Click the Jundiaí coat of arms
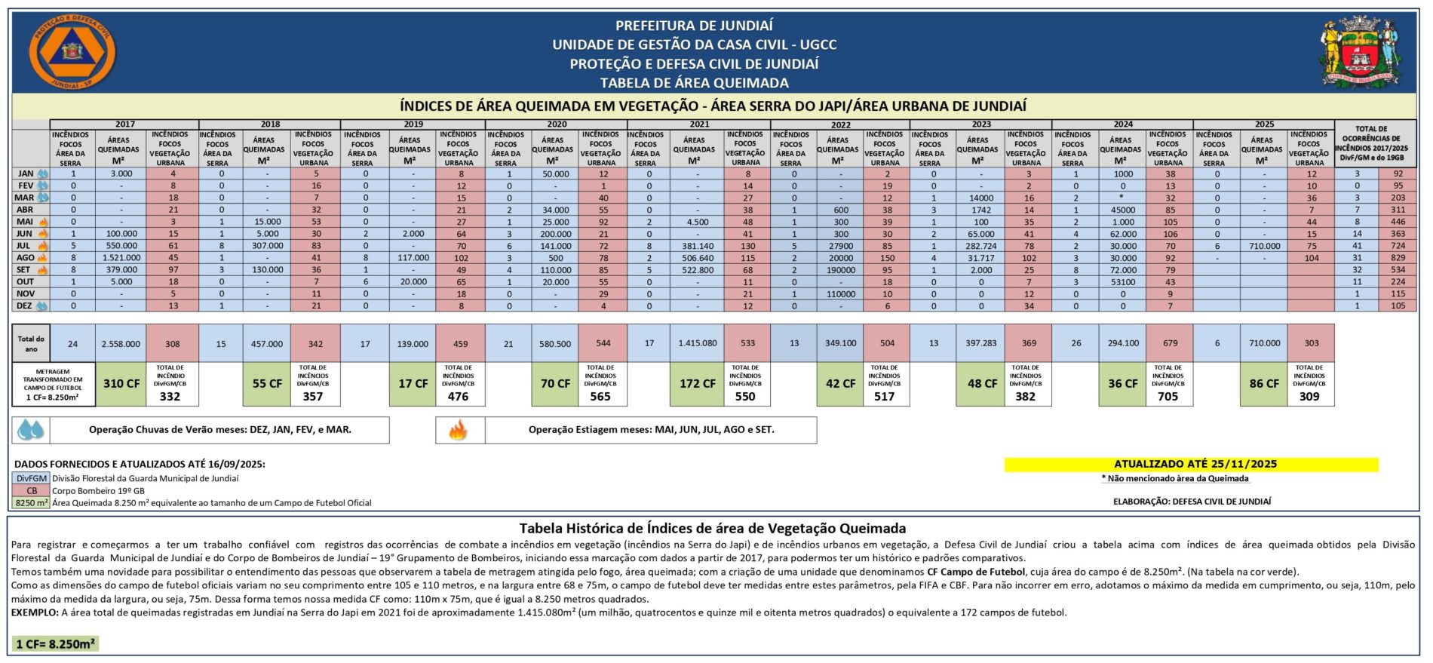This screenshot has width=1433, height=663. (x=1361, y=51)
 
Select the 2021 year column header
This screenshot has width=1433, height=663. (x=699, y=124)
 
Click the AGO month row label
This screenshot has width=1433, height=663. (x=25, y=258)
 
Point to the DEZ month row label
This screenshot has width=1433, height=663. (x=25, y=306)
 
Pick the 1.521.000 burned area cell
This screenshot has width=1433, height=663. (x=121, y=258)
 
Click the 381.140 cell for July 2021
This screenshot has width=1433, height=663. (x=698, y=246)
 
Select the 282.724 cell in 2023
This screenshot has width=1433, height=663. (x=980, y=246)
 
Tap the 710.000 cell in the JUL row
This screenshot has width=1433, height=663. (x=1265, y=246)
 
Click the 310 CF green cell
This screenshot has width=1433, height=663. (x=121, y=384)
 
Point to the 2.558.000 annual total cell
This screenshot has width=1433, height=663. (x=121, y=344)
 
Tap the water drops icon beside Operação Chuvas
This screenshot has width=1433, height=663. (x=32, y=430)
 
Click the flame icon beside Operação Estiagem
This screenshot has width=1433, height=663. (x=459, y=430)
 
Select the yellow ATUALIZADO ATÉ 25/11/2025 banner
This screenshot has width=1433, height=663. (x=1191, y=465)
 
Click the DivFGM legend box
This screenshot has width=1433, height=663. (x=32, y=478)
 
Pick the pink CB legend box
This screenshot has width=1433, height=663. (x=32, y=490)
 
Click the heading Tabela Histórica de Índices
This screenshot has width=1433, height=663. (x=712, y=529)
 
